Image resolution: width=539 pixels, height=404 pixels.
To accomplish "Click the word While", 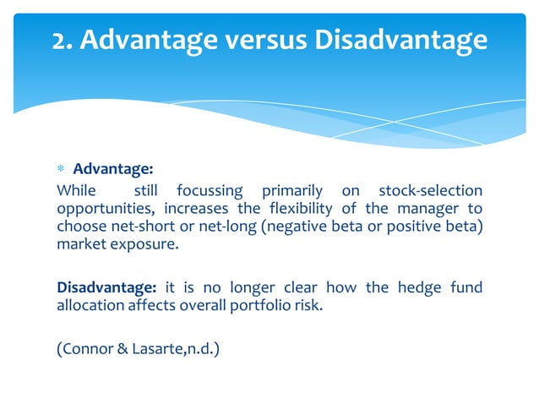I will [76, 191].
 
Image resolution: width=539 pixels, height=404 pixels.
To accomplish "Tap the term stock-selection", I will [430, 191].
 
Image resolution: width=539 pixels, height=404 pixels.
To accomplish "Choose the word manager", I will [430, 209].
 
